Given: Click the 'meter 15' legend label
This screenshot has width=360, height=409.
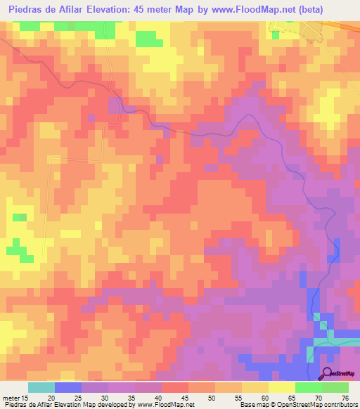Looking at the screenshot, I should pos(15,398).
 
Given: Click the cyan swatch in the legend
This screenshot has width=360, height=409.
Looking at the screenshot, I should pos(41,387).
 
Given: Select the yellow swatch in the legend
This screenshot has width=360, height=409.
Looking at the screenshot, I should pos(282,387).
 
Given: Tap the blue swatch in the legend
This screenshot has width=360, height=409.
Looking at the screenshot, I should pos(68,387).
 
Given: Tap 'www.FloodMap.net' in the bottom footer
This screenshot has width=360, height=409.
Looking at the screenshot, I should pos(163,405).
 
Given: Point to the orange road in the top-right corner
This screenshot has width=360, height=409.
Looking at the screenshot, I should pos(348,25).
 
